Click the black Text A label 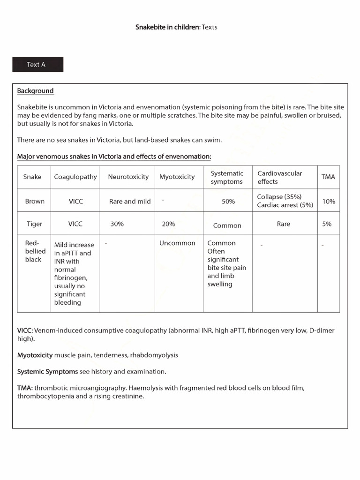click(x=37, y=65)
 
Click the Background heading click(x=35, y=91)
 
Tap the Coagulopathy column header click(x=75, y=177)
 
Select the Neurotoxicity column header click(x=128, y=177)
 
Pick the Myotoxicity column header click(x=177, y=177)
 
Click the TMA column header click(x=328, y=177)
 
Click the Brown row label click(x=35, y=201)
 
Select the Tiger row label click(x=34, y=224)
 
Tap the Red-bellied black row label click(x=34, y=251)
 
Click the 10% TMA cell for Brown click(x=329, y=201)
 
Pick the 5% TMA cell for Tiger click(x=327, y=224)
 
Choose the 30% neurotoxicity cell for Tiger click(x=117, y=224)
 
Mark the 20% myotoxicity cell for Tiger click(x=168, y=224)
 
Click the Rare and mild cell click(x=130, y=202)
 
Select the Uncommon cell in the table click(x=177, y=243)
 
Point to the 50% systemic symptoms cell click(x=228, y=202)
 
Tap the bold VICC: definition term click(x=25, y=330)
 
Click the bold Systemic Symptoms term click(x=47, y=371)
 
